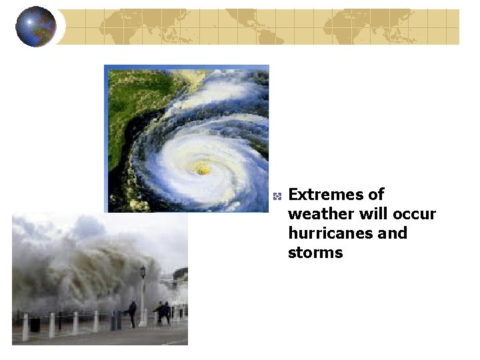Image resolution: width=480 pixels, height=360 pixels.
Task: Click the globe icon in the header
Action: [x=35, y=26]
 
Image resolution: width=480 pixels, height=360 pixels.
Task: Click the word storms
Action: [x=315, y=253]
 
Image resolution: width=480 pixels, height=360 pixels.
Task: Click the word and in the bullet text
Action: [x=393, y=234]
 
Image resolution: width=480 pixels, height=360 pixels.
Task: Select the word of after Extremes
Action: [x=376, y=195]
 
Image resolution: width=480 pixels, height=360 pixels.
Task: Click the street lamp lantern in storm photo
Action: [x=142, y=271]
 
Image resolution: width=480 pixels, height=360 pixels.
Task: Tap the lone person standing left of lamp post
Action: [x=132, y=312]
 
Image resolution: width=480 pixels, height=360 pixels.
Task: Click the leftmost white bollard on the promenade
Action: [x=26, y=327]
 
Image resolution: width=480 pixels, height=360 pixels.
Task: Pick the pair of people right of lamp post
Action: [x=162, y=313]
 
